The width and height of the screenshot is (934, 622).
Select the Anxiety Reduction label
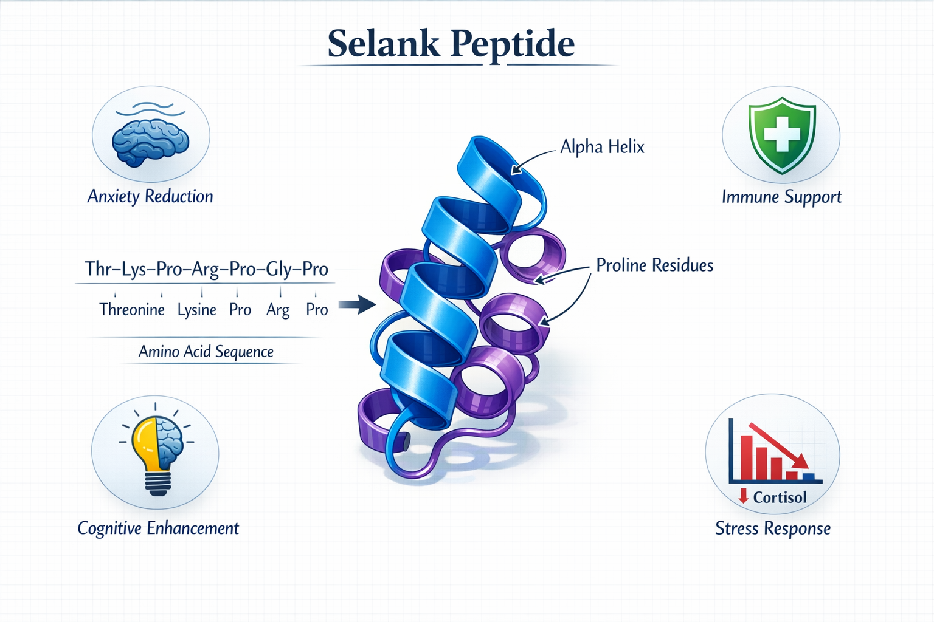pos(150,196)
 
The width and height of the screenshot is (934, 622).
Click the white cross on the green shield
pos(781,135)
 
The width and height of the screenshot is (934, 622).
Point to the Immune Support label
pos(781,197)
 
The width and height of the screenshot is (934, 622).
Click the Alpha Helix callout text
pos(602,147)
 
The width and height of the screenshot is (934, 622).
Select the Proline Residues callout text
pos(654,265)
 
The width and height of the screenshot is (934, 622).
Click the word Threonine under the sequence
pos(132,310)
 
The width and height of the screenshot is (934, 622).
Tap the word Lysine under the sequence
pos(196,310)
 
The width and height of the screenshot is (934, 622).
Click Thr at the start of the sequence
pos(97,268)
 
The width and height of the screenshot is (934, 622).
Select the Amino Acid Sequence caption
pos(206,352)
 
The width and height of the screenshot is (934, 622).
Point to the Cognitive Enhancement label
pos(158,528)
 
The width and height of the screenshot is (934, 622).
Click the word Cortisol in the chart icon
pos(780,497)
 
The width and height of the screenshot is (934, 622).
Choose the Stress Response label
pos(773,528)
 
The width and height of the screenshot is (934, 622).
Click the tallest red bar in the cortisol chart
pos(746,457)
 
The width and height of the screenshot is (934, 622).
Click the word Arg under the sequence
pos(278,310)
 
